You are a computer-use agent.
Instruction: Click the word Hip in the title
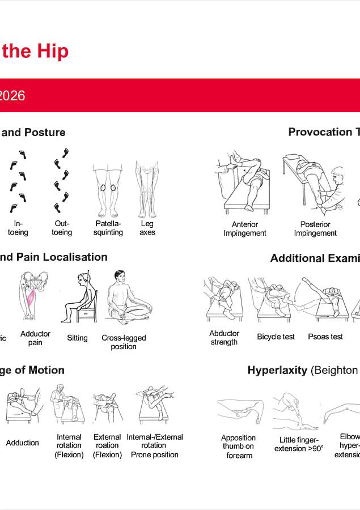[x=52, y=51]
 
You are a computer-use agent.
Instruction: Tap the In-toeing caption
[x=18, y=228]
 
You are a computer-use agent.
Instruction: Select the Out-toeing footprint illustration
[x=62, y=180]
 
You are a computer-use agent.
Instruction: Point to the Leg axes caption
[x=147, y=228]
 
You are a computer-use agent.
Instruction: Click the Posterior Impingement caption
[x=315, y=228]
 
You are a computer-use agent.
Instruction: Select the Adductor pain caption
[x=35, y=338]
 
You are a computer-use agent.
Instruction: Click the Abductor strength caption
[x=224, y=338]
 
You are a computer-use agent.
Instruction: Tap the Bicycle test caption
[x=276, y=337]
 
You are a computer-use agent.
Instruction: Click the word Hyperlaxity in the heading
[x=277, y=371]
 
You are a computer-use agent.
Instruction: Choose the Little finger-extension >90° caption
[x=299, y=444]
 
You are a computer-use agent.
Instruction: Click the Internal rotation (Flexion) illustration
[x=69, y=405]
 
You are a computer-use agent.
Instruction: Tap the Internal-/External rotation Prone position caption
[x=155, y=445]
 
